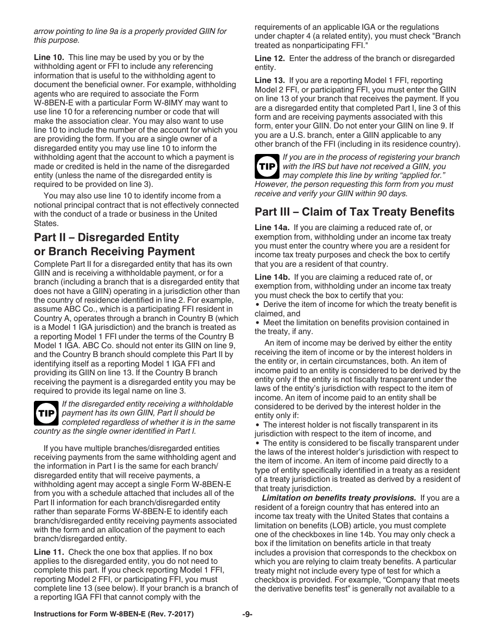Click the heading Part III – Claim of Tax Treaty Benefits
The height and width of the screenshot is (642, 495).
click(354, 211)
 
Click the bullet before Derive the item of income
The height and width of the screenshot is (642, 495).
click(258, 304)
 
